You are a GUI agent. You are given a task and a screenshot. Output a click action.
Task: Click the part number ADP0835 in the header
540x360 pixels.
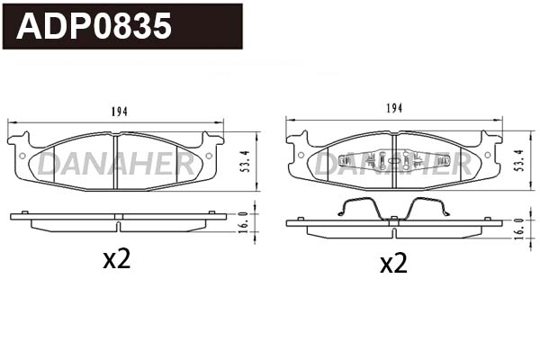coord(94,26)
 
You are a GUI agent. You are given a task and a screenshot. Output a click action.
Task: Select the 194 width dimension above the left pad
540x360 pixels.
coord(120,112)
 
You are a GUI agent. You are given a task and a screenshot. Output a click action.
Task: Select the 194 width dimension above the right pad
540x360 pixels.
coord(393,108)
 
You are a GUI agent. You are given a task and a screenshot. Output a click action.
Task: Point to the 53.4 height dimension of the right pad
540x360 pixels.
coord(517,160)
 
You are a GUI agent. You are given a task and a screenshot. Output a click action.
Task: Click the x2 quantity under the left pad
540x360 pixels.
coord(117,260)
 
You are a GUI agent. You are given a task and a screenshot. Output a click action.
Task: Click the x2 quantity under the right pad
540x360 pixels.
coord(393,264)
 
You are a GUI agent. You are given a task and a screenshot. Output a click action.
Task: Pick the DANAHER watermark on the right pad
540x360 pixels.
coord(393,164)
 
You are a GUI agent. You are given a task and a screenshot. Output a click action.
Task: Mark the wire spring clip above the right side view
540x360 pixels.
coord(392,207)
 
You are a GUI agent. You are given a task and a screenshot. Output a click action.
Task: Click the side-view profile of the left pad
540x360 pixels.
coord(117,220)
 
